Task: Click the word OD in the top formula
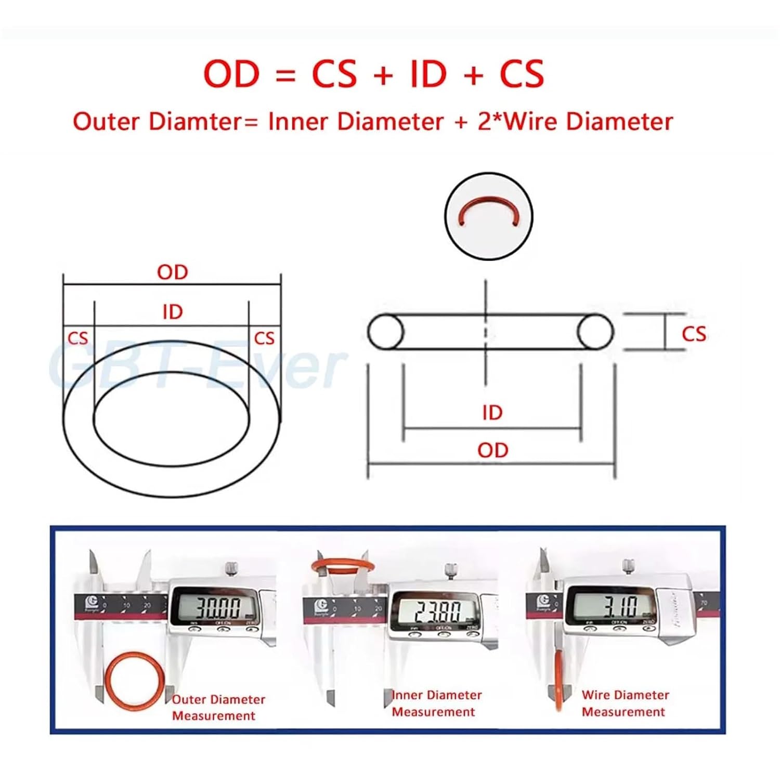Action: tap(231, 74)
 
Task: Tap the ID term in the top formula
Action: tap(428, 74)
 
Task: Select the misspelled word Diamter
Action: tap(196, 122)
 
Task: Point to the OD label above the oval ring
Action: tap(172, 272)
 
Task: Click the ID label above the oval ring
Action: tap(173, 312)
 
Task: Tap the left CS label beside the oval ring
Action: tap(78, 339)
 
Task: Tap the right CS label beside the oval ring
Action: tap(264, 339)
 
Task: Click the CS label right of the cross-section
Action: tap(694, 334)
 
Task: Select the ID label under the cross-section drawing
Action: tap(492, 413)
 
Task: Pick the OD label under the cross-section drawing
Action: tap(492, 450)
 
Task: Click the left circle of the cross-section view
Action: tap(386, 332)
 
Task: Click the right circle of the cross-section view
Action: tap(595, 332)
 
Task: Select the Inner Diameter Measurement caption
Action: tap(436, 704)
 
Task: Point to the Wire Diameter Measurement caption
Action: tap(625, 704)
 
